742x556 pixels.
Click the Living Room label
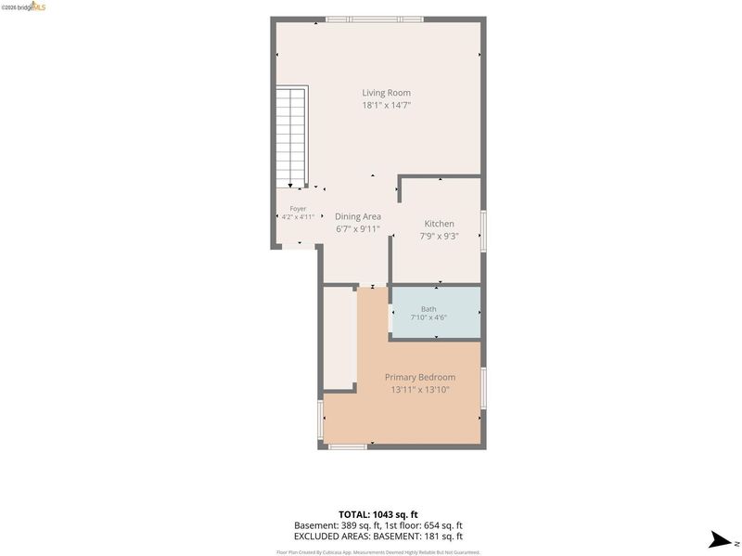(x=386, y=93)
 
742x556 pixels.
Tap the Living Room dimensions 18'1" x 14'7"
(x=386, y=105)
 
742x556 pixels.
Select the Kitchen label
(x=439, y=224)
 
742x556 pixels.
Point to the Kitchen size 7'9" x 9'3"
(x=439, y=236)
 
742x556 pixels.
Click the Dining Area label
(x=358, y=216)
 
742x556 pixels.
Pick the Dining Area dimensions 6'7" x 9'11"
(x=358, y=229)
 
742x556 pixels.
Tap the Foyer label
(x=298, y=209)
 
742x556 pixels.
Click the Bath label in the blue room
(x=429, y=309)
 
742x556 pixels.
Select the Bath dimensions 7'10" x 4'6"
(x=429, y=317)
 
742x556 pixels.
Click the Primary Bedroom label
(x=420, y=377)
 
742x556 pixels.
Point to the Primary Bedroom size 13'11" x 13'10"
(x=420, y=390)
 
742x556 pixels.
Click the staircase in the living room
(x=292, y=136)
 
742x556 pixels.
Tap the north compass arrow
(x=721, y=540)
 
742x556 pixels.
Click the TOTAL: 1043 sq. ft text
(x=378, y=514)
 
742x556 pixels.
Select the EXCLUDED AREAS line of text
(x=378, y=537)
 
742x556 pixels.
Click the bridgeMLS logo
(x=24, y=6)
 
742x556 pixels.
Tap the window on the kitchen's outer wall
(x=483, y=230)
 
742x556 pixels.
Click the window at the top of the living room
(x=375, y=19)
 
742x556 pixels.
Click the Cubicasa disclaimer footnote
(x=378, y=552)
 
